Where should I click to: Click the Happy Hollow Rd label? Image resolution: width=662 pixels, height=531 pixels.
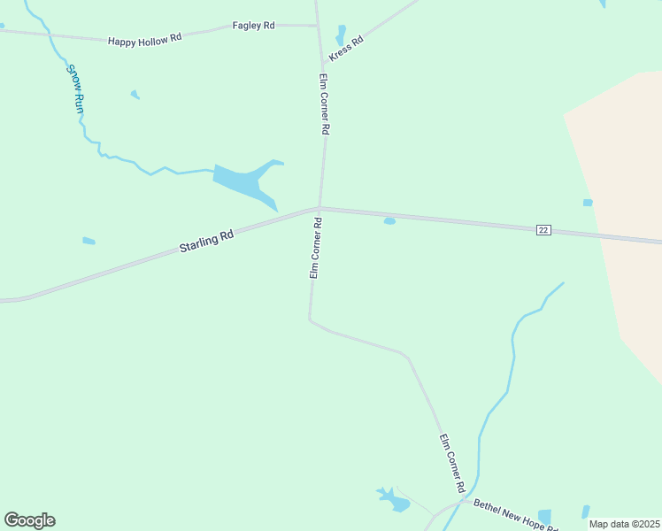tap(144, 39)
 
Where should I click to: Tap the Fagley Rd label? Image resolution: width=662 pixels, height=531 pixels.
tap(253, 27)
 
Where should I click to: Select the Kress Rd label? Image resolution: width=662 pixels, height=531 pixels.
tap(346, 48)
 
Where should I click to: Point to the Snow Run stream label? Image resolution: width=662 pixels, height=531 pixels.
tap(76, 87)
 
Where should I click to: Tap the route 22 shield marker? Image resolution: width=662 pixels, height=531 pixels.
tap(543, 230)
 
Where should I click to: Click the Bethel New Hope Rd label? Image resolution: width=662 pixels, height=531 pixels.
tap(514, 516)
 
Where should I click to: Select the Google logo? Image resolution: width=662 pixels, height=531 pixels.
tap(29, 520)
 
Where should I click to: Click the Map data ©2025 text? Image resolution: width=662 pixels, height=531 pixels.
tap(623, 524)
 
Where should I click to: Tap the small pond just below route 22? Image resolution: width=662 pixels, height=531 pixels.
tap(389, 221)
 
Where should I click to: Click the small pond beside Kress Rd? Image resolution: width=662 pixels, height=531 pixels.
tap(341, 35)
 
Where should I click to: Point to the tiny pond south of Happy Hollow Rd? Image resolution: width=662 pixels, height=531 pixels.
tap(135, 94)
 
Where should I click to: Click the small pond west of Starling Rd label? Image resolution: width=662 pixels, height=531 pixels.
tap(89, 241)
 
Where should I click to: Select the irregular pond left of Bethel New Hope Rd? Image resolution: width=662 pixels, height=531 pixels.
tap(393, 500)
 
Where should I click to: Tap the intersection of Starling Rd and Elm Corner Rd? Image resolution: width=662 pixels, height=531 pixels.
tap(319, 209)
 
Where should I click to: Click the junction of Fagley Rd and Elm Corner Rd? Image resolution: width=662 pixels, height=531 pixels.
tap(316, 26)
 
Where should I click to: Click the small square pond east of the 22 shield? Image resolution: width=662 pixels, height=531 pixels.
tap(588, 203)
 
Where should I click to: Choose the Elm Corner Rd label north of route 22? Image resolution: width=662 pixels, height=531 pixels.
tap(325, 104)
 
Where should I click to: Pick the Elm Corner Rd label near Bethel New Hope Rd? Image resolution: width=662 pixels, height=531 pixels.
tap(452, 463)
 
